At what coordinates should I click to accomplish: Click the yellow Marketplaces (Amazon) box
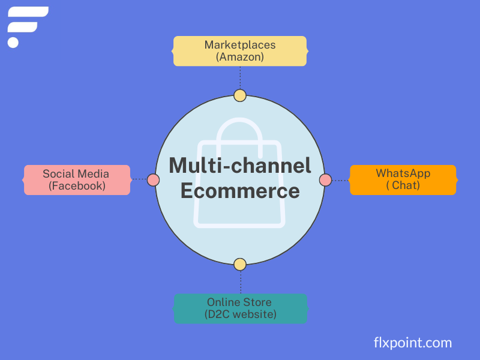(240, 51)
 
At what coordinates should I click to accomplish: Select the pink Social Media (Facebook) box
(77, 180)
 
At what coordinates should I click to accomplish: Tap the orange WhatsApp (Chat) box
(403, 180)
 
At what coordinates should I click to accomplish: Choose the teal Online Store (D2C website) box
(240, 308)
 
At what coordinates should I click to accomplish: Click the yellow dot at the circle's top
(240, 95)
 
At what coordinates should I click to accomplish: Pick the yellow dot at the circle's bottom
(240, 264)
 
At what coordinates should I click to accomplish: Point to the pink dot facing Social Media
(153, 179)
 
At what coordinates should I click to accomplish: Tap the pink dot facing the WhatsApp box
(325, 179)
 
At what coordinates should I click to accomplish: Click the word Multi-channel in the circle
(240, 166)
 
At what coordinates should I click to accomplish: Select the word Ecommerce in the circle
(240, 191)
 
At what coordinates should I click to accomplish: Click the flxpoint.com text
(412, 343)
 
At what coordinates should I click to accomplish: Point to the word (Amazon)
(240, 57)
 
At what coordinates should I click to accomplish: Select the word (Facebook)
(77, 186)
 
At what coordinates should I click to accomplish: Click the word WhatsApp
(403, 173)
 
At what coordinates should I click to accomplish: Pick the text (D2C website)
(240, 314)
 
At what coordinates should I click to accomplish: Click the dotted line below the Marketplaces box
(240, 77)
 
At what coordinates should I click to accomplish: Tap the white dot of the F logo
(13, 42)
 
